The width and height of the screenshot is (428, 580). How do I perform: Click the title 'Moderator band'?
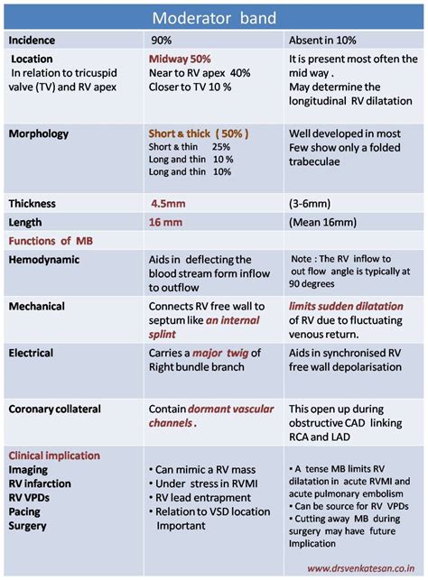click(x=213, y=17)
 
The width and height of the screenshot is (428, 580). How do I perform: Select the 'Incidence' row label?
click(x=33, y=41)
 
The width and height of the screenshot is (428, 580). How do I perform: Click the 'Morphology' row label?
click(x=38, y=134)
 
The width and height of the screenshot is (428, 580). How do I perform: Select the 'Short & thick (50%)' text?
click(x=198, y=133)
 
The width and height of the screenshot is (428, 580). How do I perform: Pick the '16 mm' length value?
click(x=165, y=222)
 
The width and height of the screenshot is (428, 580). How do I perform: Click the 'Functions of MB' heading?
click(x=51, y=241)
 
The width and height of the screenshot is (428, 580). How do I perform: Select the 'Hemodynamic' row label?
click(x=44, y=260)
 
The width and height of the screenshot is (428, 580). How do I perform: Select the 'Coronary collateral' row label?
click(x=54, y=410)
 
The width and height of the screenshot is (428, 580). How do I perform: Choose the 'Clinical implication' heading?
click(x=54, y=456)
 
